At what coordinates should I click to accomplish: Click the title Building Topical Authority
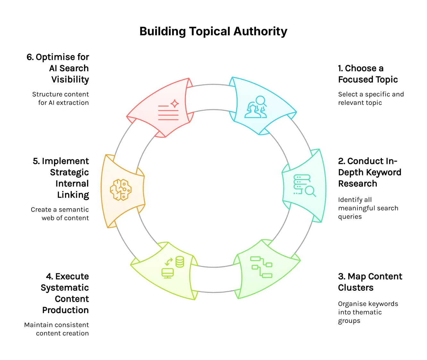213,31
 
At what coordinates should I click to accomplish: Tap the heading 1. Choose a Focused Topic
368,74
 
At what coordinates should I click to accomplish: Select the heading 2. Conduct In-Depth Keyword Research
369,172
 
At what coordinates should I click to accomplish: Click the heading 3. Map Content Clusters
370,282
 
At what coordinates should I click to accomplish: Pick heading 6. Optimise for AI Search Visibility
58,68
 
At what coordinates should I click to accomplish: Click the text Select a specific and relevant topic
371,99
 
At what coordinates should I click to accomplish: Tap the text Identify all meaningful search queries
368,208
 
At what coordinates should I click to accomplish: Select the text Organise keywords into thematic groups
368,312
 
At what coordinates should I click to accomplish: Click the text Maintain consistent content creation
57,329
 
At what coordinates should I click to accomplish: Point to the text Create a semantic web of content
60,214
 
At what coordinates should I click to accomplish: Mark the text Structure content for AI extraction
61,99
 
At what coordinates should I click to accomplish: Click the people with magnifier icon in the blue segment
256,107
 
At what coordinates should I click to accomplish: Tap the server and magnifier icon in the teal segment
304,185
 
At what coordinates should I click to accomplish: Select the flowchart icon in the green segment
261,267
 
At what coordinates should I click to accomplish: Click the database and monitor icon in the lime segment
173,267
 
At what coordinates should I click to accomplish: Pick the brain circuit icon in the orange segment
121,190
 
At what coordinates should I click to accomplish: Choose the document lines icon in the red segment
168,113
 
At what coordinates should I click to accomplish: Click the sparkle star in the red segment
175,104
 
